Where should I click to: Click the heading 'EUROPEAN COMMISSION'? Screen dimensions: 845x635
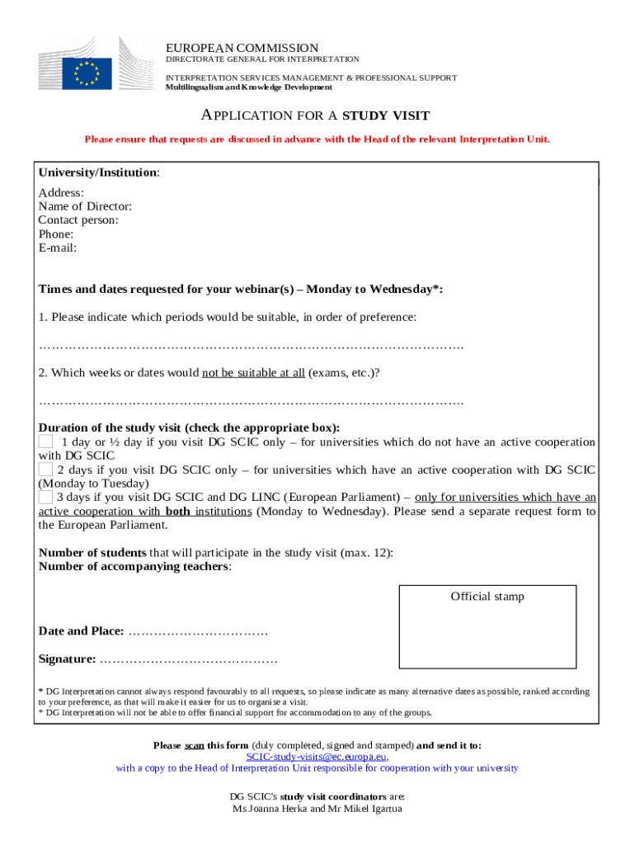click(x=242, y=48)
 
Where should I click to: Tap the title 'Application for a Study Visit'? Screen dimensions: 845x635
click(x=317, y=116)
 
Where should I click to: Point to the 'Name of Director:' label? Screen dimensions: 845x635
click(x=85, y=206)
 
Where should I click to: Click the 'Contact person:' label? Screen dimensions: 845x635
click(x=78, y=220)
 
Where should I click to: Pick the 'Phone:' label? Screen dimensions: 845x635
click(x=56, y=234)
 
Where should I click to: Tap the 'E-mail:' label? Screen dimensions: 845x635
click(x=58, y=248)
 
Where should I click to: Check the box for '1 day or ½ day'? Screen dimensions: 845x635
click(x=46, y=442)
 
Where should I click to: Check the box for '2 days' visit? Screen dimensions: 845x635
click(x=46, y=470)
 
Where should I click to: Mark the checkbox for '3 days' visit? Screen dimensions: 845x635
click(x=46, y=497)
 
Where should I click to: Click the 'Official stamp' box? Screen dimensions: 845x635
click(x=487, y=627)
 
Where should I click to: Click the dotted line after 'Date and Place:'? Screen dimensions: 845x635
click(x=199, y=631)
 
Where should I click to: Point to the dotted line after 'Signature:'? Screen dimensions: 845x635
click(x=189, y=659)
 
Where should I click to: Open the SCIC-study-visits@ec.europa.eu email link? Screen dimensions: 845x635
click(x=317, y=756)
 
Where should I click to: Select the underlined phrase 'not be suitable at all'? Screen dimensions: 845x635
click(x=253, y=373)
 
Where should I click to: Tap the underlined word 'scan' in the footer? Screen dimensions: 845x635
click(x=195, y=745)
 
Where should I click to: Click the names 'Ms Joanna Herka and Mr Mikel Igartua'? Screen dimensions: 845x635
click(x=317, y=809)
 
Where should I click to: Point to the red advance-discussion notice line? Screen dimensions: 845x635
click(x=317, y=139)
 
